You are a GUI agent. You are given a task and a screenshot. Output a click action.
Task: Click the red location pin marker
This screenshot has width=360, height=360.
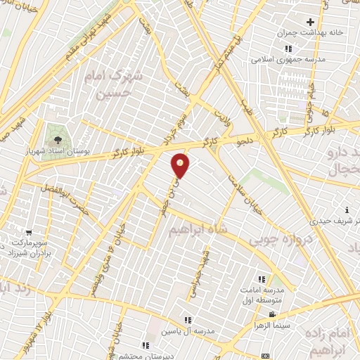point(181,166)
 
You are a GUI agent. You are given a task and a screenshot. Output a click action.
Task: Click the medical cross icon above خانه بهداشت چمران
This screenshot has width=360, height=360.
point(310,22)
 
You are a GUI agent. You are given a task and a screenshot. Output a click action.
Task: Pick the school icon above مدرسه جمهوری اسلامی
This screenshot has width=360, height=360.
point(288,49)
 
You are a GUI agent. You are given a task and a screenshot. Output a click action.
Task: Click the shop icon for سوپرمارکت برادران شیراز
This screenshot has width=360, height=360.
point(28,232)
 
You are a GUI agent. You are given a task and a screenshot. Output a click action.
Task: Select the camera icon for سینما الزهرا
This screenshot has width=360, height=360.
point(271,315)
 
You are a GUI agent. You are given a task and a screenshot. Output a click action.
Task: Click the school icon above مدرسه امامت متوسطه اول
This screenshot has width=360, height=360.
point(262,278)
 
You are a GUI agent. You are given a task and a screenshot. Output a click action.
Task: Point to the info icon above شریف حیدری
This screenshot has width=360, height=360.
point(347,210)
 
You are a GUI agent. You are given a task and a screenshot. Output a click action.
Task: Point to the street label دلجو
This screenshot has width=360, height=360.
point(246,142)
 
